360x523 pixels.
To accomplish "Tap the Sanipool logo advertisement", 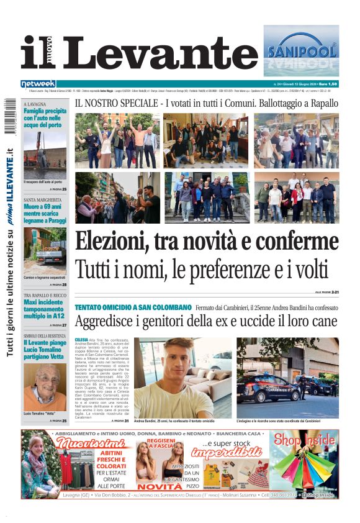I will click(301, 50).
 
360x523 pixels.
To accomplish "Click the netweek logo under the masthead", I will click(38, 83).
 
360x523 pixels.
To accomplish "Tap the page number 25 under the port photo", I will click(64, 188).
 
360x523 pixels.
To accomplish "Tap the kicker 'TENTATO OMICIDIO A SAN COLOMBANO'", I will click(133, 307).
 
